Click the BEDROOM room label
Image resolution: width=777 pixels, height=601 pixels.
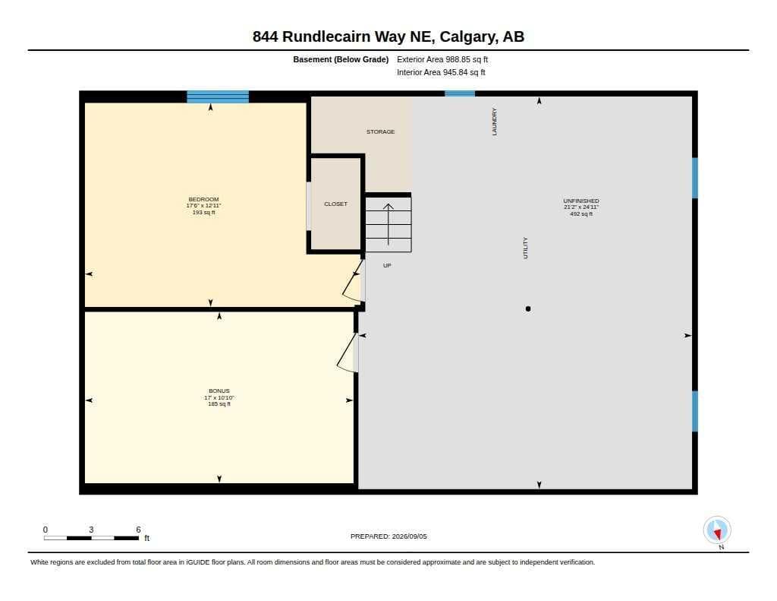pos(203,199)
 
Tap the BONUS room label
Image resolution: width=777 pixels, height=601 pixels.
pos(219,391)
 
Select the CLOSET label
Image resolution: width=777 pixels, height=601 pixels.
pos(335,204)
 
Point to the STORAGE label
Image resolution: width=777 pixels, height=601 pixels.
pos(381,131)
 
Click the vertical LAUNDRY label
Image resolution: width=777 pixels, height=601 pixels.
pos(494,122)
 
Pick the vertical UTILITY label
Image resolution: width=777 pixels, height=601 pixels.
pos(525,248)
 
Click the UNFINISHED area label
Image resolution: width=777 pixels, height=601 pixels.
pos(581,201)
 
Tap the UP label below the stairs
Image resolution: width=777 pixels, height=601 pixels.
pos(387,265)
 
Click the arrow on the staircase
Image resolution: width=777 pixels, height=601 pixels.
pos(388,224)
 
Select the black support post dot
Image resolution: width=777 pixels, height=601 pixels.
pos(528,308)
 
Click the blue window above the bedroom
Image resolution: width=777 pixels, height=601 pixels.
pos(218,96)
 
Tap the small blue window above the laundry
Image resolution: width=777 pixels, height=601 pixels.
pos(460,93)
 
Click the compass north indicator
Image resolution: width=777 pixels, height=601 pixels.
pos(717,530)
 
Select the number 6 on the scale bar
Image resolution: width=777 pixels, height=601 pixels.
pos(138,530)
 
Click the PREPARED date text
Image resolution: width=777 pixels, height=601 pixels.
pos(388,536)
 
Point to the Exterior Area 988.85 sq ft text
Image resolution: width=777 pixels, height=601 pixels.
pos(442,59)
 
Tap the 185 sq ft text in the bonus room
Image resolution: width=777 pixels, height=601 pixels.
pos(219,404)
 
